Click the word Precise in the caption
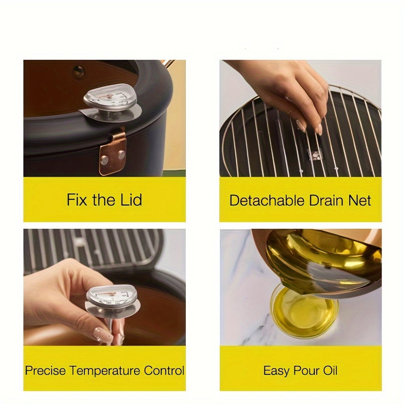[46, 371]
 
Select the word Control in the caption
[164, 371]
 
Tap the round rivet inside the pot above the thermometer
[79, 71]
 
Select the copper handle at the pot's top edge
[169, 64]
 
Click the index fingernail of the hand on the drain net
[320, 129]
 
